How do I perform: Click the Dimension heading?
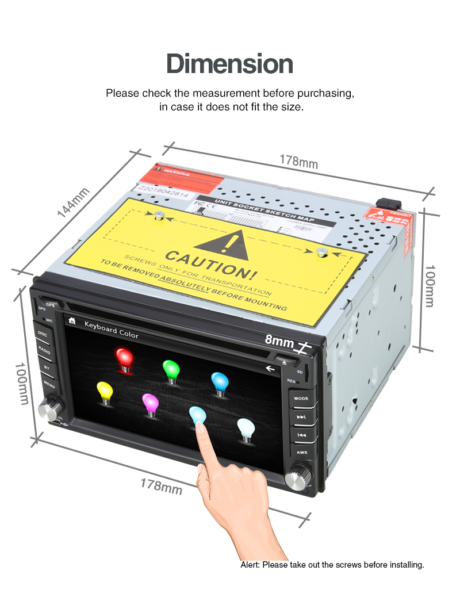click(229, 64)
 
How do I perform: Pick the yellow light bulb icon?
click(105, 393)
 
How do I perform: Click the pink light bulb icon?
click(150, 404)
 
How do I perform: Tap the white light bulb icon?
click(246, 428)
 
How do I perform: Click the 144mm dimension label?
click(74, 202)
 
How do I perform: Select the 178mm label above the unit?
click(298, 162)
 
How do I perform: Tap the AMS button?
click(302, 453)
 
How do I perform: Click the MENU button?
click(49, 384)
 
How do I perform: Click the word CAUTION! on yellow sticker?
click(208, 262)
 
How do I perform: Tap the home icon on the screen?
click(72, 320)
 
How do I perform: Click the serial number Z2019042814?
click(164, 191)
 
